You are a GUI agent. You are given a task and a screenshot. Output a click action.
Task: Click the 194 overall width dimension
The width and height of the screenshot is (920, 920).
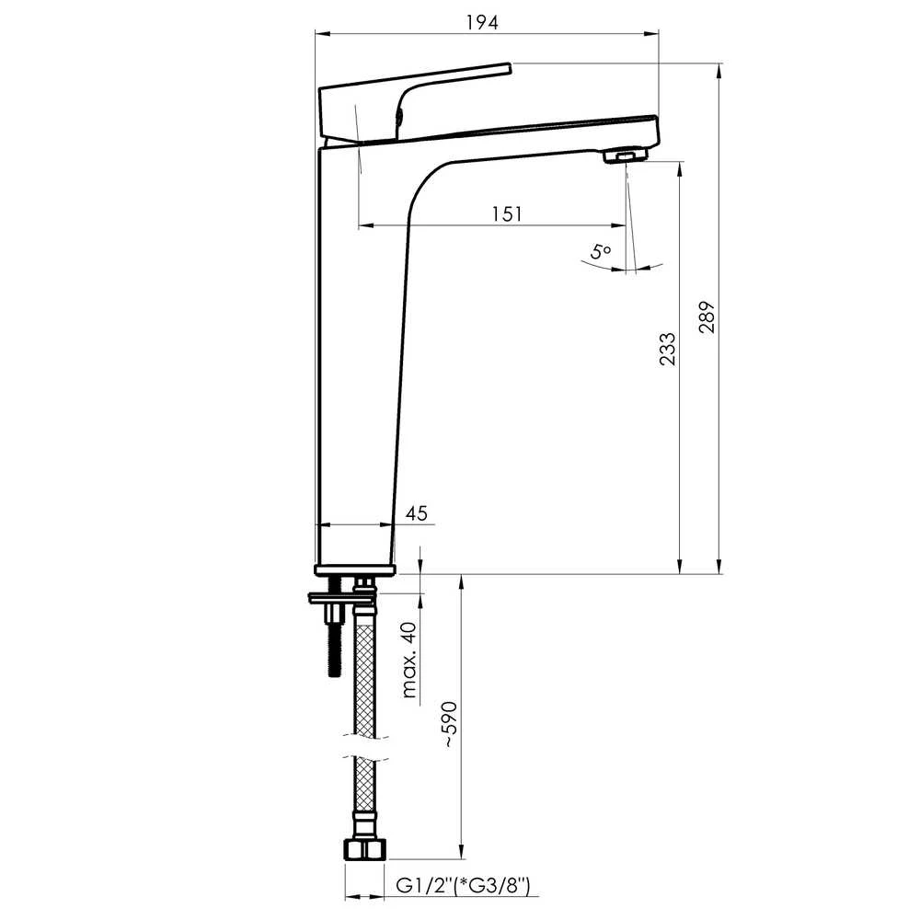pos(482,22)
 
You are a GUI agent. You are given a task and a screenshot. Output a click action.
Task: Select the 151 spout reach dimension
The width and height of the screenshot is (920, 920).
pos(507,213)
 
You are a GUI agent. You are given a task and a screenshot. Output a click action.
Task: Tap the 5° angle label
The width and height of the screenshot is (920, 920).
pos(601,252)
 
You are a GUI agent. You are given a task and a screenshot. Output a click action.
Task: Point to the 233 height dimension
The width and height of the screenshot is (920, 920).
pos(667,349)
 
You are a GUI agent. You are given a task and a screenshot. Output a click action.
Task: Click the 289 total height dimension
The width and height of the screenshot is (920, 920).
pos(707,316)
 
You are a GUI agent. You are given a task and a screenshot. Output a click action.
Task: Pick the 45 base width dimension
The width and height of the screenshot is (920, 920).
pos(416,513)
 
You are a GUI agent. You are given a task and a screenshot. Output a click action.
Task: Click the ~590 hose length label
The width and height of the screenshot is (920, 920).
pos(450,723)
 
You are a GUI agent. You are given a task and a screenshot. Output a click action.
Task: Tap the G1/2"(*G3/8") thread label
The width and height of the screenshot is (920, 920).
pos(463,885)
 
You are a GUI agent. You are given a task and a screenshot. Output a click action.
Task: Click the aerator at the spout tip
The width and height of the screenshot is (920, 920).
pos(626,156)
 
